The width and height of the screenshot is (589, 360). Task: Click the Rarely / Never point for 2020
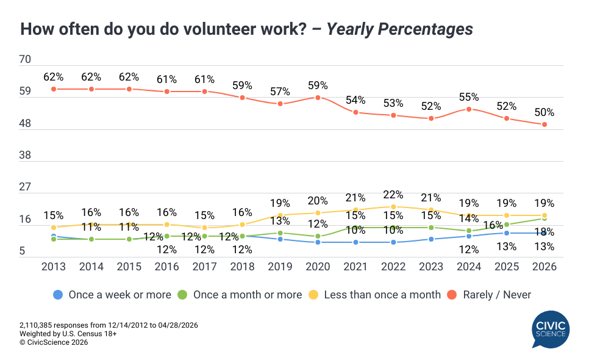(318, 98)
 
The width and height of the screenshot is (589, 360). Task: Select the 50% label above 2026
(544, 112)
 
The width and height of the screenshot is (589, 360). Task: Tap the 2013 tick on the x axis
(53, 267)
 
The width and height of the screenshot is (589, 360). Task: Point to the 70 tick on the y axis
(26, 60)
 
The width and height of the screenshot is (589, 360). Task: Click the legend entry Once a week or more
(112, 295)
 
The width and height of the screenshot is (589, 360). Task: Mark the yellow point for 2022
(393, 207)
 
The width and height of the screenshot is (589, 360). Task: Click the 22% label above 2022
(393, 195)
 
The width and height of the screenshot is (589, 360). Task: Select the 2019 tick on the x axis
(280, 267)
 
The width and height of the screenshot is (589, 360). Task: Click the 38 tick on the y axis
(26, 156)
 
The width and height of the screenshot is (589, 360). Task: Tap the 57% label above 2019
(280, 92)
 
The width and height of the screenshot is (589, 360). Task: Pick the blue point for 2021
(355, 242)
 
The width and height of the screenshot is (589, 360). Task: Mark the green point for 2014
(91, 239)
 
